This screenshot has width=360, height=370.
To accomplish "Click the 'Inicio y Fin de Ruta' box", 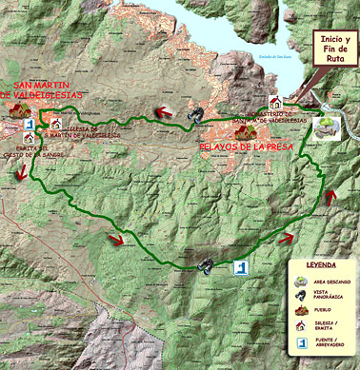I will tap(334, 47).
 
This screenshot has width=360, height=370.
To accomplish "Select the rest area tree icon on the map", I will tap(328, 128).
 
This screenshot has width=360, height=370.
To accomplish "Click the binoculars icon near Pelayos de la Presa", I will tap(195, 115).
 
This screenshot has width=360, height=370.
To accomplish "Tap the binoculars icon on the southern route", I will tap(204, 263).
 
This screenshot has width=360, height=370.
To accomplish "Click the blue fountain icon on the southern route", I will tap(241, 267).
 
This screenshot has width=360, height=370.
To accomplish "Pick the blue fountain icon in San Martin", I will tap(30, 125).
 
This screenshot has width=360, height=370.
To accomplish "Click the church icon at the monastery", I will tap(276, 102).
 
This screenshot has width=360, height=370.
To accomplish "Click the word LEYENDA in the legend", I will tap(320, 265).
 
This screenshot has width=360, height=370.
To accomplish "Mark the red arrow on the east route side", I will tap(331, 197).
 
